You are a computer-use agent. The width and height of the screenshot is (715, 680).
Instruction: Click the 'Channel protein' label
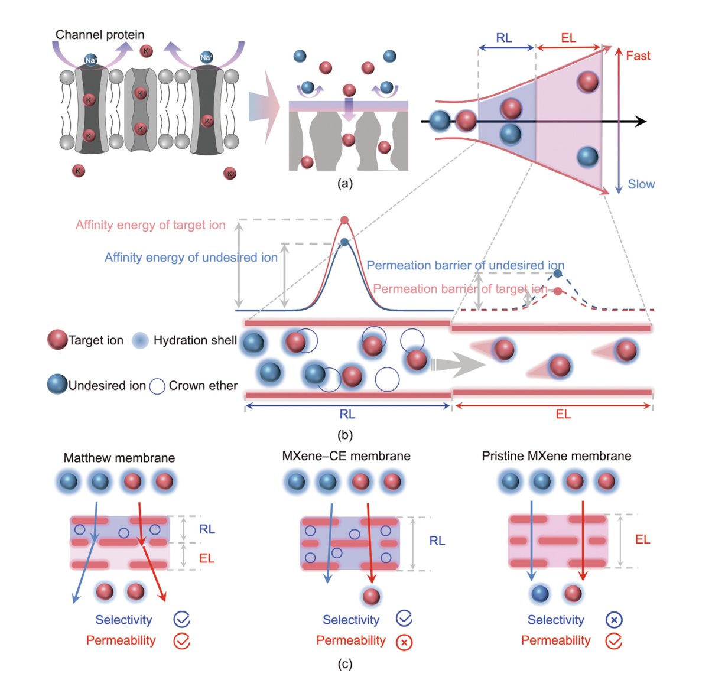[x=100, y=35]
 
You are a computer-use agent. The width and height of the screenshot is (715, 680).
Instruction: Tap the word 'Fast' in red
[x=638, y=56]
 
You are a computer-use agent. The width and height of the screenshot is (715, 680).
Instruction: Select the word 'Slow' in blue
[x=641, y=184]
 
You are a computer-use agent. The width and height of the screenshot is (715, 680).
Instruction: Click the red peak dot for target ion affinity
[x=344, y=220]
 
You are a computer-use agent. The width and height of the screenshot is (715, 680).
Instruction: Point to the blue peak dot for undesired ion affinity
[x=344, y=242]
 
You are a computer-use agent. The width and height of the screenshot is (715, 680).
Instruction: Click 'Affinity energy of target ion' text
[x=151, y=225]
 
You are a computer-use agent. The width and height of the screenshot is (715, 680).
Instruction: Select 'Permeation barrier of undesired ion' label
[x=465, y=266]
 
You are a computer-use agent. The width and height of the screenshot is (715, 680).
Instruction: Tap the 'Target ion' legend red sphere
[x=57, y=340]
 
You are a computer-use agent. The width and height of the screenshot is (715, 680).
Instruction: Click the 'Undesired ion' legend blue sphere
[x=57, y=385]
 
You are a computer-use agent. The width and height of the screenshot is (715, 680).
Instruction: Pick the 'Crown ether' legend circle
[x=157, y=386]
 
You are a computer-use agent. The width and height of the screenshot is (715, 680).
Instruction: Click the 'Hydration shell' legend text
[x=195, y=341]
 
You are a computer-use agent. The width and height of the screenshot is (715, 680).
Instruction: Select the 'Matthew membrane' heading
[x=119, y=458]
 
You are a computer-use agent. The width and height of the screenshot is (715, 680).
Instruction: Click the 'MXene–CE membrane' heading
[x=346, y=456]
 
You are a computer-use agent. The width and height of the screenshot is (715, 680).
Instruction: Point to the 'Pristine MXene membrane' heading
[x=557, y=456]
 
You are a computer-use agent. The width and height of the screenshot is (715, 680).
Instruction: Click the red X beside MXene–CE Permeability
[x=404, y=642]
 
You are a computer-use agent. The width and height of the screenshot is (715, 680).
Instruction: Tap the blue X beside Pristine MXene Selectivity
[x=614, y=620]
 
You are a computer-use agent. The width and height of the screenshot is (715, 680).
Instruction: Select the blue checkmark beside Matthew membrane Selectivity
[x=181, y=620]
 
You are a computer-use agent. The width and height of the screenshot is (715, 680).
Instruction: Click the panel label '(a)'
[x=345, y=184]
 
